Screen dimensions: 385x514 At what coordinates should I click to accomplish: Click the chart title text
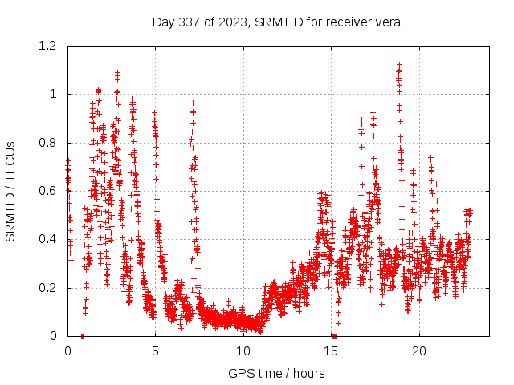coord(276,21)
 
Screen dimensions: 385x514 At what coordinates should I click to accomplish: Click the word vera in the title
coord(386,21)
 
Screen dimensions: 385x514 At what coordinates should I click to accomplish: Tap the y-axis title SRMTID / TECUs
coord(11,191)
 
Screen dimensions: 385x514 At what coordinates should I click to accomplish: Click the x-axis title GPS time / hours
coord(276,373)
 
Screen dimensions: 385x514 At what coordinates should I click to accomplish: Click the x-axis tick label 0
coord(67,351)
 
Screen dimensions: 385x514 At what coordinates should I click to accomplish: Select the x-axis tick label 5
coord(156,351)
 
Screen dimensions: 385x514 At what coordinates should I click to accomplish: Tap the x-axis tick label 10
coord(243,351)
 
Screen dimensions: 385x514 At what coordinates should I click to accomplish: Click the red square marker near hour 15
coord(334,336)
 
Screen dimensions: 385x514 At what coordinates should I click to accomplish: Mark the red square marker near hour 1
coord(83,336)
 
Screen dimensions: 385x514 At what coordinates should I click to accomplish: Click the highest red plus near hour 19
coord(399,64)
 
